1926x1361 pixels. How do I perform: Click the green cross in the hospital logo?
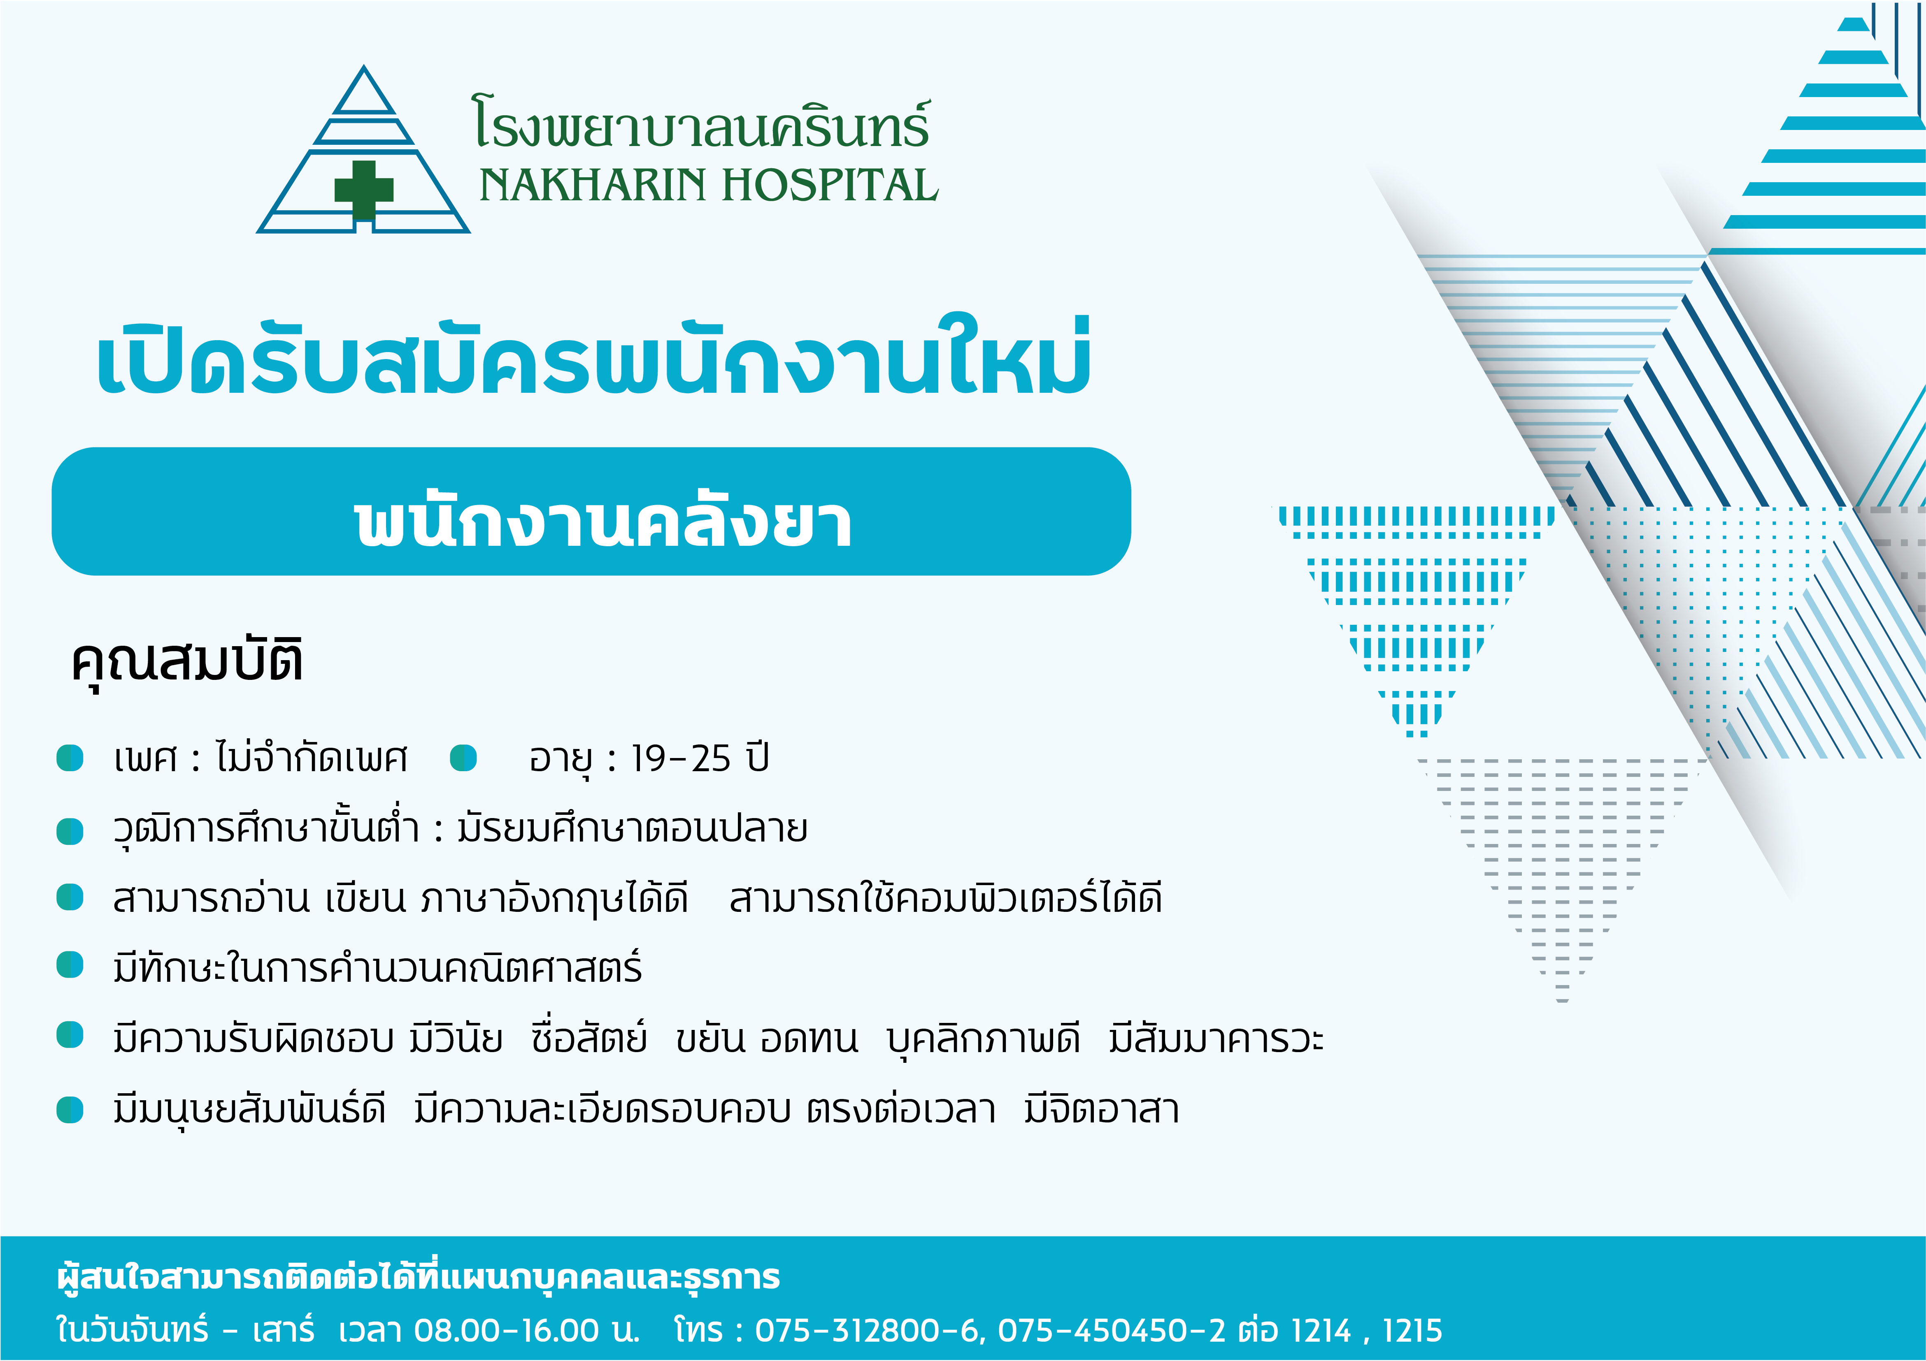tap(364, 190)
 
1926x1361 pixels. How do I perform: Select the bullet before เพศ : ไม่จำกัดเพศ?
tap(70, 758)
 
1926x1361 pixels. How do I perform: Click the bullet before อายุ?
tap(463, 758)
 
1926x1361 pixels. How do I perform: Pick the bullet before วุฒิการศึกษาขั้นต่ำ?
tap(70, 831)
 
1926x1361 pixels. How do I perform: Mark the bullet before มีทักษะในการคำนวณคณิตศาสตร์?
tap(70, 965)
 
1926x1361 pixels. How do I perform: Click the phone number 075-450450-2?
tap(1112, 1330)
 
